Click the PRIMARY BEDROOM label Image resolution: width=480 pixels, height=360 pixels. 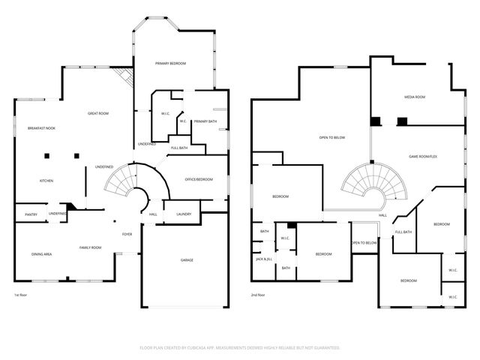[171, 63]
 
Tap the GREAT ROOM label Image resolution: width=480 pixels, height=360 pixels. [98, 113]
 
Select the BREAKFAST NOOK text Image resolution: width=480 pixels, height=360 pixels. [41, 128]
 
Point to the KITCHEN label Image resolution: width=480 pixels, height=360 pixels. [46, 181]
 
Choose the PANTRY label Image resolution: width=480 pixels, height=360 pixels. [31, 214]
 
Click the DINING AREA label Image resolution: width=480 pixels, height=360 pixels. [41, 254]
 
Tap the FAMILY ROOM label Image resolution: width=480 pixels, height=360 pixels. [91, 247]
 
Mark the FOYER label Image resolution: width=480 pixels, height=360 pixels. [127, 235]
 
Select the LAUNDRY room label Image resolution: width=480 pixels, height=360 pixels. [184, 214]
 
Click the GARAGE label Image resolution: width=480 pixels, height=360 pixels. [187, 260]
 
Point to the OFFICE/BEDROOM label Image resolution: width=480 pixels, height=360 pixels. [199, 179]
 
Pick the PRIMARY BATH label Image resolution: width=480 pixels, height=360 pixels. [205, 121]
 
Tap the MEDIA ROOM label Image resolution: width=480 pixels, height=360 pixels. [415, 97]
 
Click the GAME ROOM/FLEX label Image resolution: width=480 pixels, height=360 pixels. [423, 156]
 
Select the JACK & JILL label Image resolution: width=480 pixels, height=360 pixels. [263, 259]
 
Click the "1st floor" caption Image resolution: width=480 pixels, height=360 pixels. [22, 295]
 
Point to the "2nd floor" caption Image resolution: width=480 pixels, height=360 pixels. [258, 295]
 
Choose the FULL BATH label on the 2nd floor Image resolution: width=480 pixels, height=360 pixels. [403, 232]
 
